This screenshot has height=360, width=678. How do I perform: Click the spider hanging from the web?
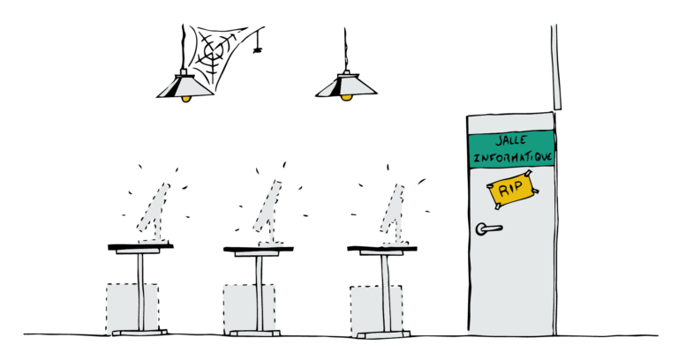coord(258,50)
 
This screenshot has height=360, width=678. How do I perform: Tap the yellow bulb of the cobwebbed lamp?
coord(186,99)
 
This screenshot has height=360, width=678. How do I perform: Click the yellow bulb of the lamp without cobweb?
coord(346,98)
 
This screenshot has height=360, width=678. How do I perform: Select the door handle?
coord(487,229)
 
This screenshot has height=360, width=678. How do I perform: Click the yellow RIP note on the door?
coord(512,190)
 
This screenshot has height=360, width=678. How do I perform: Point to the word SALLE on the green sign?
coord(511,140)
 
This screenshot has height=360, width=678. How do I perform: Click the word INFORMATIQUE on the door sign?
coord(513,156)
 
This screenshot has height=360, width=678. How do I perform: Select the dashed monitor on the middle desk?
coord(268,212)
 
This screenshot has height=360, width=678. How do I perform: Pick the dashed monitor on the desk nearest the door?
coord(394,213)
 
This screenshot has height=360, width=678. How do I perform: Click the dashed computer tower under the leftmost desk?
coord(132,309)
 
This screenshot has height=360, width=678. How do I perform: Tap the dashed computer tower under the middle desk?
coord(249,309)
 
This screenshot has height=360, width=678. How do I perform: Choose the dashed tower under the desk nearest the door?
coord(376,311)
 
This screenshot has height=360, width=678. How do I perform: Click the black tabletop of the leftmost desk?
coord(140,247)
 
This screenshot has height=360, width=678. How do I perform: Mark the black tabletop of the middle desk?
coord(259,249)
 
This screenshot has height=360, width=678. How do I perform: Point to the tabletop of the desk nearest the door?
coord(382,249)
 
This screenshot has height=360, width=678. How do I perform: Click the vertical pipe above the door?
coord(556,67)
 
